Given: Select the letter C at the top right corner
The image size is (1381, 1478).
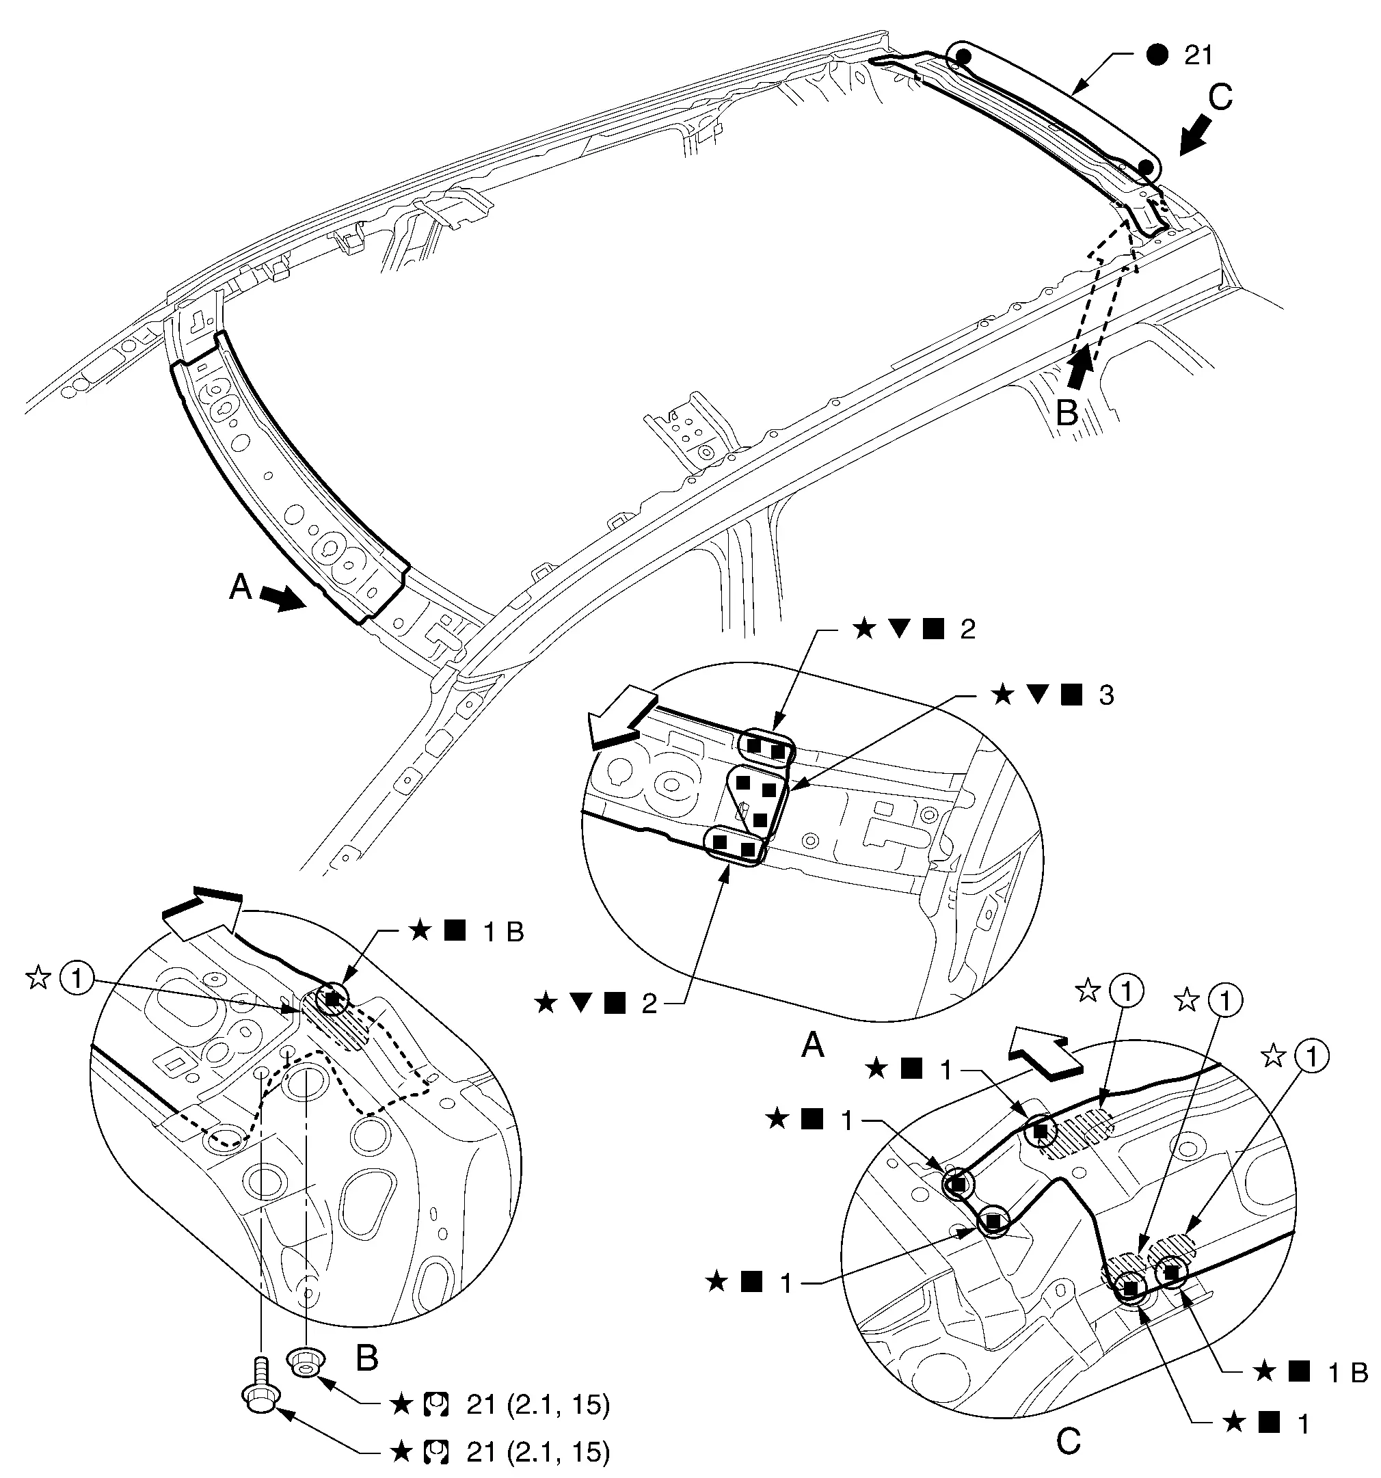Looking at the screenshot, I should [x=1220, y=97].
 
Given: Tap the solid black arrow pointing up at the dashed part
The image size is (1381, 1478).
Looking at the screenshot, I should [x=1081, y=368].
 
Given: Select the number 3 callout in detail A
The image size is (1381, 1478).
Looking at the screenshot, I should [x=1107, y=695].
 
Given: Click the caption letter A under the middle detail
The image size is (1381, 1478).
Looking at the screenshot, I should [x=813, y=1047].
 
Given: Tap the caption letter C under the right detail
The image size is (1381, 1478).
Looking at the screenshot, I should [x=1069, y=1442].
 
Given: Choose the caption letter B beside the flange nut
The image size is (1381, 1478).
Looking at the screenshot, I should [x=366, y=1358].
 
